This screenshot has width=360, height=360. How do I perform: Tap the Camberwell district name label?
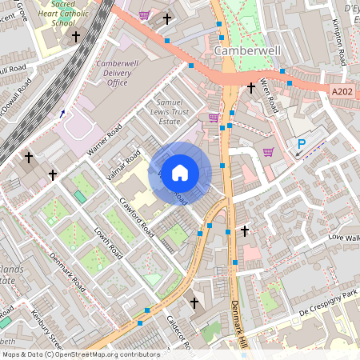[x=248, y=51]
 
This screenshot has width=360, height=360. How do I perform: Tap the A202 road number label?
[x=342, y=93]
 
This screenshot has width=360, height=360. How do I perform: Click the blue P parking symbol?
[x=302, y=145]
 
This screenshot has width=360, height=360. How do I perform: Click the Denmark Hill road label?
[x=238, y=324]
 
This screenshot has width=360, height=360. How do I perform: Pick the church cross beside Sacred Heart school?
[x=76, y=37]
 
